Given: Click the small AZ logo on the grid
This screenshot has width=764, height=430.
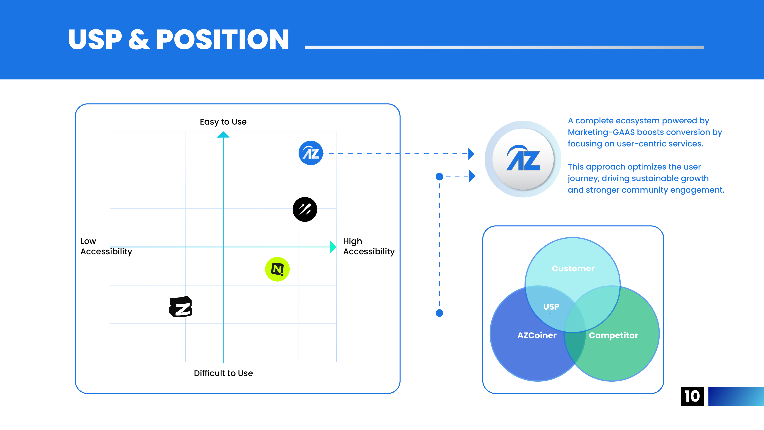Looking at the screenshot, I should (x=310, y=153).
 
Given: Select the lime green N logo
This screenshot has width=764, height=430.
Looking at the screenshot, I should (x=277, y=269).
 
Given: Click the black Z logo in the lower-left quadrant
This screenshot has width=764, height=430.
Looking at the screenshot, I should (x=181, y=307).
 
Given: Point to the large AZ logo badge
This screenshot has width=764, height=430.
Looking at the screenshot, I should (x=523, y=159).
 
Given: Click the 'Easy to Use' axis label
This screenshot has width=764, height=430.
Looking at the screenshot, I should (x=223, y=122).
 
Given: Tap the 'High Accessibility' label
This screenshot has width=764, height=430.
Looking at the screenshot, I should (x=369, y=246).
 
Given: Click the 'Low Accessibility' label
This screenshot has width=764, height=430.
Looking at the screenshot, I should (x=106, y=246).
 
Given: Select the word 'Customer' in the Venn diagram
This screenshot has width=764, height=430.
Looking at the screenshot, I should (x=573, y=269).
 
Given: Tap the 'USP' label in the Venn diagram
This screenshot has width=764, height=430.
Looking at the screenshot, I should (x=551, y=307).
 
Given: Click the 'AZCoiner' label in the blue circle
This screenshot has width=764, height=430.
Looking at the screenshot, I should (x=537, y=335).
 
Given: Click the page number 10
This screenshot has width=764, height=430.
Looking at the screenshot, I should (x=692, y=396).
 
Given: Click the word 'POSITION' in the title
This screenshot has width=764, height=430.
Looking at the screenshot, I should (x=222, y=39).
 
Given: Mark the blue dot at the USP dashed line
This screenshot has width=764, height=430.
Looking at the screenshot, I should (x=439, y=313).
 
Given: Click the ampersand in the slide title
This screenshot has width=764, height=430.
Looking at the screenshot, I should (x=139, y=39).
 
